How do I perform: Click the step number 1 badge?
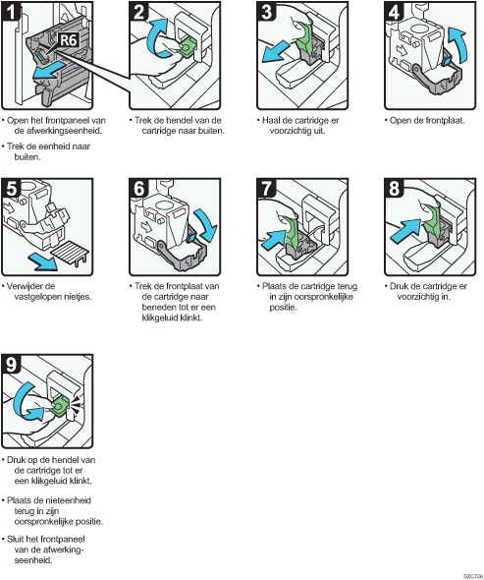click(11, 11)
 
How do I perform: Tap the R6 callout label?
click(69, 40)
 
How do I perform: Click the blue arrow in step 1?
click(48, 71)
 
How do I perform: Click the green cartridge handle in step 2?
click(188, 47)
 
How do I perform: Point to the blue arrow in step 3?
click(276, 52)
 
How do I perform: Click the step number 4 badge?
click(394, 11)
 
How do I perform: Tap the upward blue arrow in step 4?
click(457, 43)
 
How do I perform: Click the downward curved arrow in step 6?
click(206, 224)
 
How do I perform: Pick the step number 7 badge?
click(266, 188)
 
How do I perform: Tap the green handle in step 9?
click(59, 406)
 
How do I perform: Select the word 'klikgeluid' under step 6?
click(160, 318)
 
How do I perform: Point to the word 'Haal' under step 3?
click(270, 120)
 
